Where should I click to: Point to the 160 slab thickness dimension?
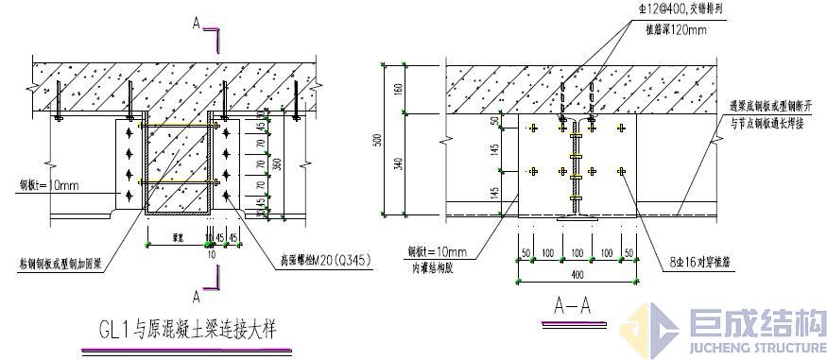click(400, 90)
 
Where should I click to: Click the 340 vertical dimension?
click(400, 163)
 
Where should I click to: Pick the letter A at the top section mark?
click(197, 25)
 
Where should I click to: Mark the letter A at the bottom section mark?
click(197, 296)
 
